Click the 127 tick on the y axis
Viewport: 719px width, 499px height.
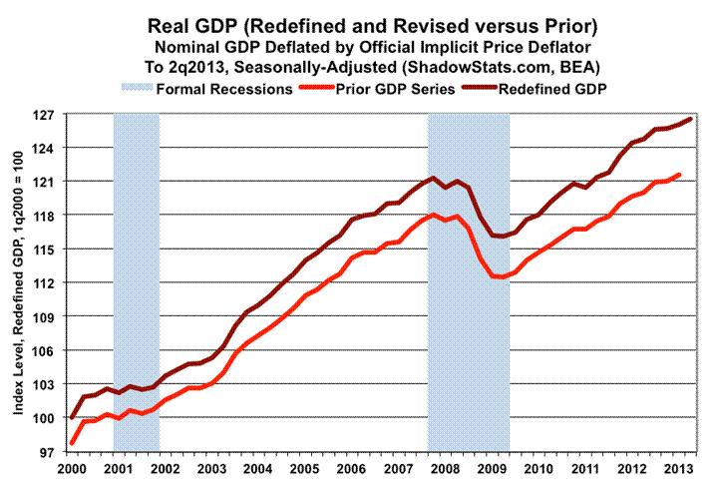(x=50, y=115)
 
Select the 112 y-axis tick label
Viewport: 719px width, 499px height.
(x=50, y=283)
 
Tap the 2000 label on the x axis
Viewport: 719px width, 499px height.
(x=73, y=469)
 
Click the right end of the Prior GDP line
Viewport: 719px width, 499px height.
(x=680, y=175)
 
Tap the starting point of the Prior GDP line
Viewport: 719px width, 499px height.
(x=72, y=443)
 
